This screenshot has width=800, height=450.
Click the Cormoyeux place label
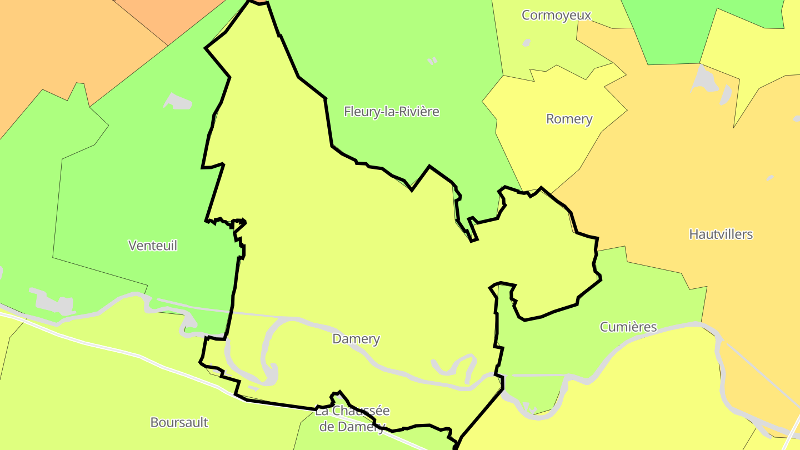coord(556,15)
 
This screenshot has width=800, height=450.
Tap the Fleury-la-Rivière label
coord(392,112)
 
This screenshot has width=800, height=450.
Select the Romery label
coord(569,119)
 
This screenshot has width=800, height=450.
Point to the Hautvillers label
coord(721,234)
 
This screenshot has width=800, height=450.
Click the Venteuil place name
coord(153,246)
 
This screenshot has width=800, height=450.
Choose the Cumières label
coord(628,327)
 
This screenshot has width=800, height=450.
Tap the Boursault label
coord(179,422)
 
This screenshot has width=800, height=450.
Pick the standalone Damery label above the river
coord(356,339)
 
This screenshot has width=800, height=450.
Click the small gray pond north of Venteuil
coord(178,102)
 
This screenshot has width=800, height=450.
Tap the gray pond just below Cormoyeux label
coord(526,42)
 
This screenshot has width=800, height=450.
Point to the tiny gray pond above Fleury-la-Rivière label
coord(433,61)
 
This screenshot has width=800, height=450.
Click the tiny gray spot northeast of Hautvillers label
coord(770,178)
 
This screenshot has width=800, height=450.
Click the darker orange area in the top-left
coord(167,17)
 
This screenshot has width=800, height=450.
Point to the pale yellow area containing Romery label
coord(556,144)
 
